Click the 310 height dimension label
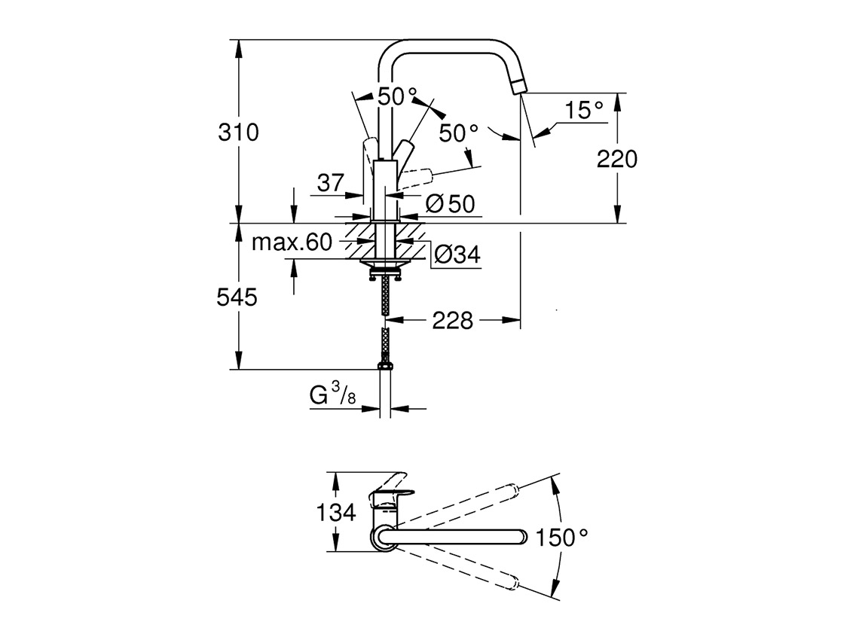(238, 133)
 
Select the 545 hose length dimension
(238, 297)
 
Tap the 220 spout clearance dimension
(617, 159)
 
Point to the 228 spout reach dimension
(453, 321)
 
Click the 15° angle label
(585, 111)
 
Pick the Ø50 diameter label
(450, 204)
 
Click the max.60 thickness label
(292, 242)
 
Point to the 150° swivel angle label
(561, 538)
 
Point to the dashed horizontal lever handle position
(417, 178)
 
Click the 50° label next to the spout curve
(459, 133)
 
